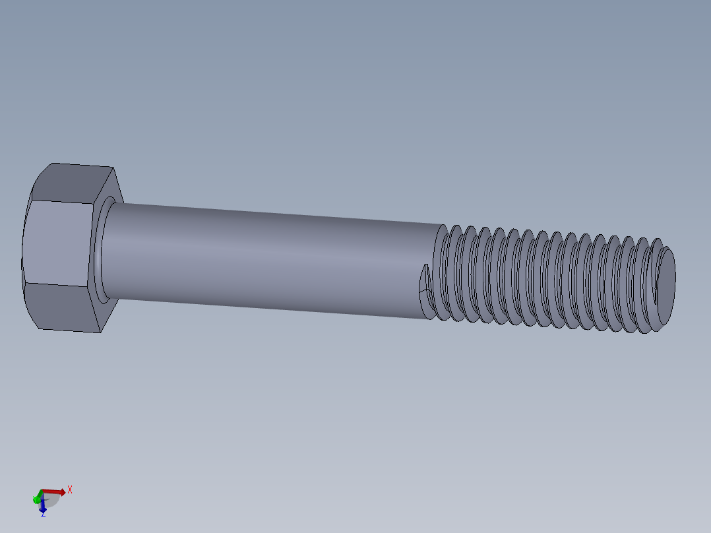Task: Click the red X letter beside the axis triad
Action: (70, 489)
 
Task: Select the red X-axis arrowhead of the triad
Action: (62, 492)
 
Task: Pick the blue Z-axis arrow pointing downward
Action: (42, 507)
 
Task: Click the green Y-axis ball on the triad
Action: (36, 499)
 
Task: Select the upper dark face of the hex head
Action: (73, 183)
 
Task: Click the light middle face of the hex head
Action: (58, 244)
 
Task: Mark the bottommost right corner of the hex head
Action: (100, 332)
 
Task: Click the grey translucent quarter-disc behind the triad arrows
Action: (51, 499)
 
